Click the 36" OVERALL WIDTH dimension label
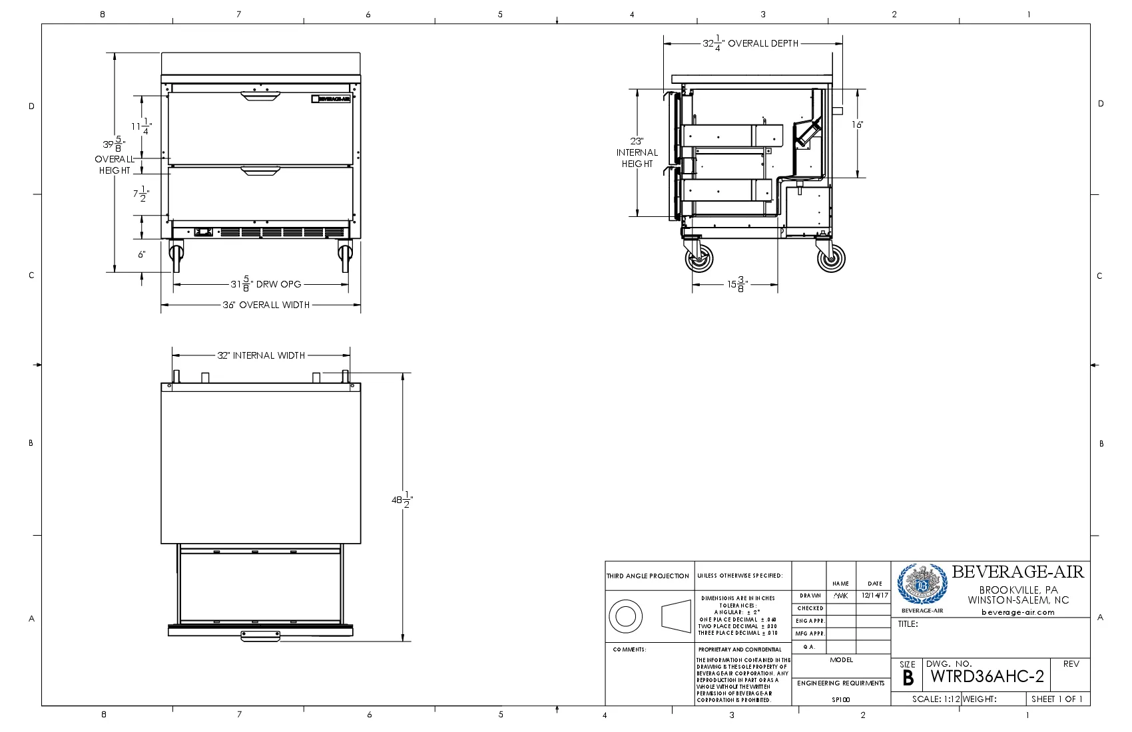[266, 305]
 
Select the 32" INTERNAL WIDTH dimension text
[261, 355]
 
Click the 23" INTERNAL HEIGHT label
[637, 152]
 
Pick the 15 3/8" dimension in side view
[736, 285]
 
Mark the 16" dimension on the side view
[858, 125]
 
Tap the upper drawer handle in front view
[260, 97]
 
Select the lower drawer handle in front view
[260, 172]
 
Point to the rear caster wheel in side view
[831, 258]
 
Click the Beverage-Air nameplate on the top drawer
[331, 99]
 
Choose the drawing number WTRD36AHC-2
[987, 677]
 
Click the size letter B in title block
[908, 679]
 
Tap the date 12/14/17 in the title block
[874, 596]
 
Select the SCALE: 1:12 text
[936, 699]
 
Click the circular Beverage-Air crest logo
[922, 585]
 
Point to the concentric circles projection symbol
[625, 616]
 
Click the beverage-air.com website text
[1017, 612]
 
